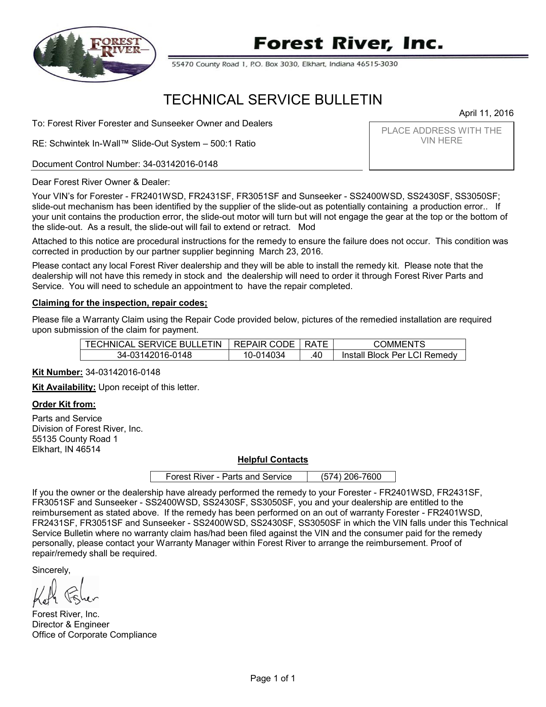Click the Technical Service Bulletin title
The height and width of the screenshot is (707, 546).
pyautogui.click(x=273, y=100)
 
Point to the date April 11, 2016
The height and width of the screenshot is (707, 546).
pyautogui.click(x=486, y=113)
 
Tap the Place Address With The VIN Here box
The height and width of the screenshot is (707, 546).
pyautogui.click(x=442, y=146)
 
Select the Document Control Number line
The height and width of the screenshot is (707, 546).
pyautogui.click(x=125, y=164)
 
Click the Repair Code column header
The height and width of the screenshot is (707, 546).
pyautogui.click(x=265, y=344)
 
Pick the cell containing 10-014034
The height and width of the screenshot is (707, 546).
pyautogui.click(x=265, y=355)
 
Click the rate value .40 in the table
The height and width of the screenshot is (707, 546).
pyautogui.click(x=316, y=355)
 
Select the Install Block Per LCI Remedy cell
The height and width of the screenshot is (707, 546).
pyautogui.click(x=399, y=355)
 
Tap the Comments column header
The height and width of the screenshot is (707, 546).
pyautogui.click(x=399, y=344)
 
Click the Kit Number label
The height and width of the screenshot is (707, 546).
pyautogui.click(x=58, y=372)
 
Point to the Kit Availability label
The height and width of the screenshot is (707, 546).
pyautogui.click(x=64, y=388)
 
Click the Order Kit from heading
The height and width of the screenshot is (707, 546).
pyautogui.click(x=64, y=405)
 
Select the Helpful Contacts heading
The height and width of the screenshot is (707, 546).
pyautogui.click(x=273, y=460)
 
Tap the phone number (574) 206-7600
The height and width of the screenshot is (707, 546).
pyautogui.click(x=351, y=477)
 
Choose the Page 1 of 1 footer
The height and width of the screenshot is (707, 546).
pyautogui.click(x=273, y=678)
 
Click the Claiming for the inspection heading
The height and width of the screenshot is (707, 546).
pyautogui.click(x=120, y=303)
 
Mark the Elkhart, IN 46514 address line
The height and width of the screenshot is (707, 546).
pyautogui.click(x=66, y=449)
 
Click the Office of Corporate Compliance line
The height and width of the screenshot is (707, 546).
pyautogui.click(x=94, y=635)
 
